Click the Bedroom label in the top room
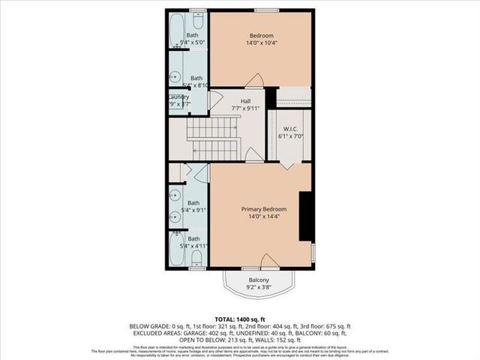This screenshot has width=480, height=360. point(261,35)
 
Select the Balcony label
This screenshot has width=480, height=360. point(259,280)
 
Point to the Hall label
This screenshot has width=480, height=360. point(245,100)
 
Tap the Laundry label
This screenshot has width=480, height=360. point(178,97)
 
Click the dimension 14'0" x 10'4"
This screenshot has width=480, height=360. point(261,44)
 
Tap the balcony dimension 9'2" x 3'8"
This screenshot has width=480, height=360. point(259,288)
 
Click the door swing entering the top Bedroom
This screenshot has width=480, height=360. point(253,80)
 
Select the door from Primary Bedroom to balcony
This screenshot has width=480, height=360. point(268,261)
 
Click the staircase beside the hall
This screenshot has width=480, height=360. point(213,139)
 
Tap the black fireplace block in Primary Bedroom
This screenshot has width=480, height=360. point(306,216)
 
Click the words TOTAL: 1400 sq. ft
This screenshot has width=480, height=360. point(240,319)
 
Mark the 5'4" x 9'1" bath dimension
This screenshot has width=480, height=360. point(193,211)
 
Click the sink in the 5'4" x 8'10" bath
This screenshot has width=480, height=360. point(175,76)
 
